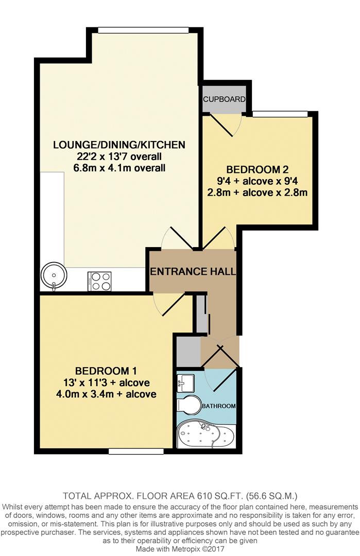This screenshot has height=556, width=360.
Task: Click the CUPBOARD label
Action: coord(224,99)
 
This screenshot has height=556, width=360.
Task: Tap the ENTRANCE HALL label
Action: coord(193,271)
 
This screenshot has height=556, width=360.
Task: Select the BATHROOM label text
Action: coord(218,406)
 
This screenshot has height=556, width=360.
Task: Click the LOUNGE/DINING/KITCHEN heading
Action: coord(119,144)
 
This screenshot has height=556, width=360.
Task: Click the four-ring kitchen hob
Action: coord(99,281)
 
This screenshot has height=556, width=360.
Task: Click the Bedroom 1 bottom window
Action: coord(136,451)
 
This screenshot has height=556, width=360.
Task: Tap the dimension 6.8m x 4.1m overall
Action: coord(119,168)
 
